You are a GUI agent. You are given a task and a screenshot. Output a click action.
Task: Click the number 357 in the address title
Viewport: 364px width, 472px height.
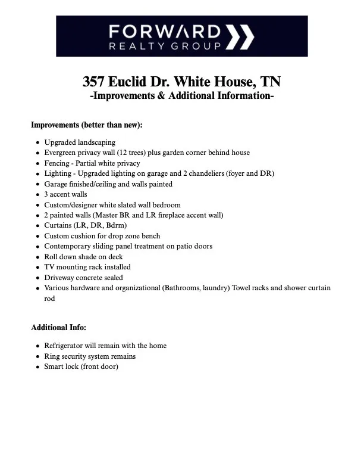(x=95, y=81)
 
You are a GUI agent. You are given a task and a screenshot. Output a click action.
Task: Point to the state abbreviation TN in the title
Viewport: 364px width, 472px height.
(x=269, y=81)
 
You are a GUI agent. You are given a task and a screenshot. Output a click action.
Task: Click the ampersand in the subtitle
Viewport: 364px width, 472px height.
(x=162, y=96)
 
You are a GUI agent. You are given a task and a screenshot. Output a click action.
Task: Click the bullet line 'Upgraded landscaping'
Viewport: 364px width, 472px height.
(x=80, y=142)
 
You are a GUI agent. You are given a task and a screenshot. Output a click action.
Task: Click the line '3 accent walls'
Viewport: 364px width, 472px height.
(x=65, y=194)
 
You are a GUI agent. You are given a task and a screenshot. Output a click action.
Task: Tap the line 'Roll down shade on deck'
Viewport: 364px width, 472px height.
(x=84, y=257)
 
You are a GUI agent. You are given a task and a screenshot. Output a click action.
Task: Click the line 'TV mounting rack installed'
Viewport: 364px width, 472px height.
(x=87, y=267)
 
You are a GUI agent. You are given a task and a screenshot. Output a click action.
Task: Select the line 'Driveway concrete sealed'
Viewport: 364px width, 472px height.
(x=84, y=278)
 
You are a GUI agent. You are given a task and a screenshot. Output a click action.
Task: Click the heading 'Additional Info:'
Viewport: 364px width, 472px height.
(x=58, y=328)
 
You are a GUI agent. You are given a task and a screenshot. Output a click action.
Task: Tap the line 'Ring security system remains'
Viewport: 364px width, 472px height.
(x=90, y=356)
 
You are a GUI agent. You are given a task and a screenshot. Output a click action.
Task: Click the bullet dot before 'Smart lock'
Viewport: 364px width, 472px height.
(x=37, y=367)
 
